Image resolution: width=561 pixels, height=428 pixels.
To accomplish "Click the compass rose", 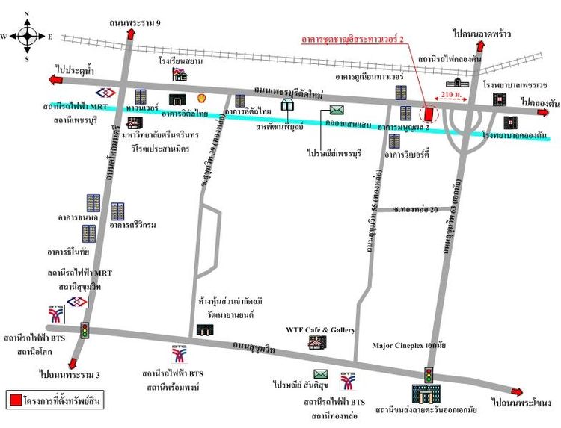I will click(27, 35).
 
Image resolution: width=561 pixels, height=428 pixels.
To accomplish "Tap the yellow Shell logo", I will click(200, 98).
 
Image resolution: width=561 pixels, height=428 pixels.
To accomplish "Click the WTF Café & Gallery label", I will click(320, 329).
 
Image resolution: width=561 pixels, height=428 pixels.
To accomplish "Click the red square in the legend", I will click(14, 400).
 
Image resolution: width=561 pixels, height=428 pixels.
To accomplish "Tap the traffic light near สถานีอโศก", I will click(85, 330).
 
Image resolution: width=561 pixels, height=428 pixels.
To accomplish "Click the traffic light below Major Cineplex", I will click(429, 374).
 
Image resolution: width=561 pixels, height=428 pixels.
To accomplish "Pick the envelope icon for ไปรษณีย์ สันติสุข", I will click(321, 373).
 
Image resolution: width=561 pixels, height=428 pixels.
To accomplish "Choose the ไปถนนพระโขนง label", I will click(520, 404).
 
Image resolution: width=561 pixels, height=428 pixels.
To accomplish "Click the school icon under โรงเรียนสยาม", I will click(180, 73).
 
